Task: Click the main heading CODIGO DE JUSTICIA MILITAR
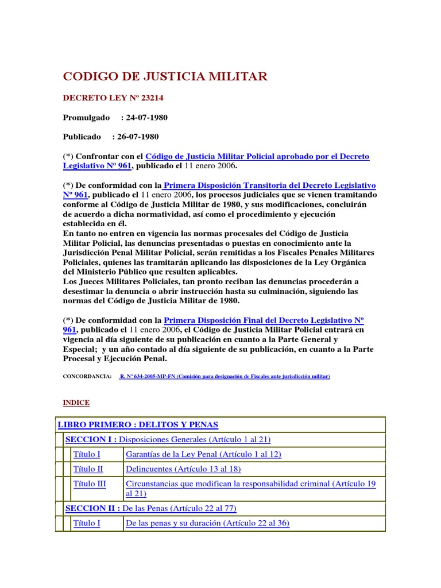165,77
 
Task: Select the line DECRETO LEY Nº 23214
109,98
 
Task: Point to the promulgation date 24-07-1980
148,118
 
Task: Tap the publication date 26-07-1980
138,137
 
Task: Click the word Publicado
82,137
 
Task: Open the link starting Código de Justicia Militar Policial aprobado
257,156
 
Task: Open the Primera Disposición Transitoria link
269,185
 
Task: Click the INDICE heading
76,403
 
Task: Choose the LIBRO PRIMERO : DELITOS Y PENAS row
138,425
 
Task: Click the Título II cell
88,469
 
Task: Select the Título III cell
90,484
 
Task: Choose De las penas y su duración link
207,523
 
